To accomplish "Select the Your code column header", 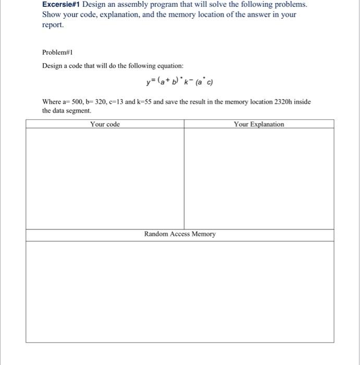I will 105,124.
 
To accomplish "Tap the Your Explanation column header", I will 259,124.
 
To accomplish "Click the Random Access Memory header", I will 180,234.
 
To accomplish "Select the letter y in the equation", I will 148,82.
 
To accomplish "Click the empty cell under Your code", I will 105,177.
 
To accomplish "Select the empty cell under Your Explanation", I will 259,177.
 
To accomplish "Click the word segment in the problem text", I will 79,111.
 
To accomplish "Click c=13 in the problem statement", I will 116,102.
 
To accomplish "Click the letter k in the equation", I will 186,82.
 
